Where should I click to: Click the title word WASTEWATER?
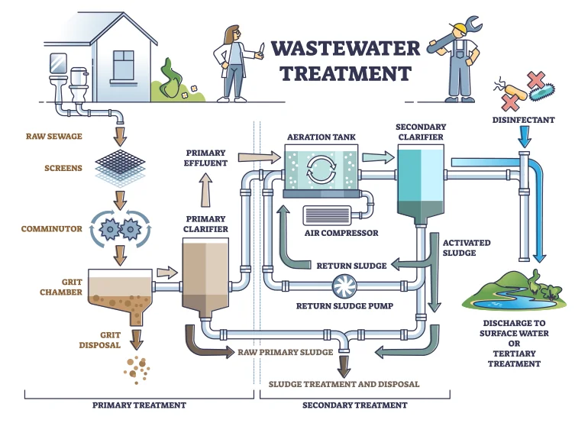(x=345, y=49)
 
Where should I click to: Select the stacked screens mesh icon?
(x=118, y=166)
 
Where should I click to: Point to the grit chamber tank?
(x=119, y=290)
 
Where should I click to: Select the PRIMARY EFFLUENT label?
(x=205, y=158)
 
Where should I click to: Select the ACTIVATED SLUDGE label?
(x=467, y=247)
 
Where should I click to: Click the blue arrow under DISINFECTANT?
(x=523, y=137)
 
